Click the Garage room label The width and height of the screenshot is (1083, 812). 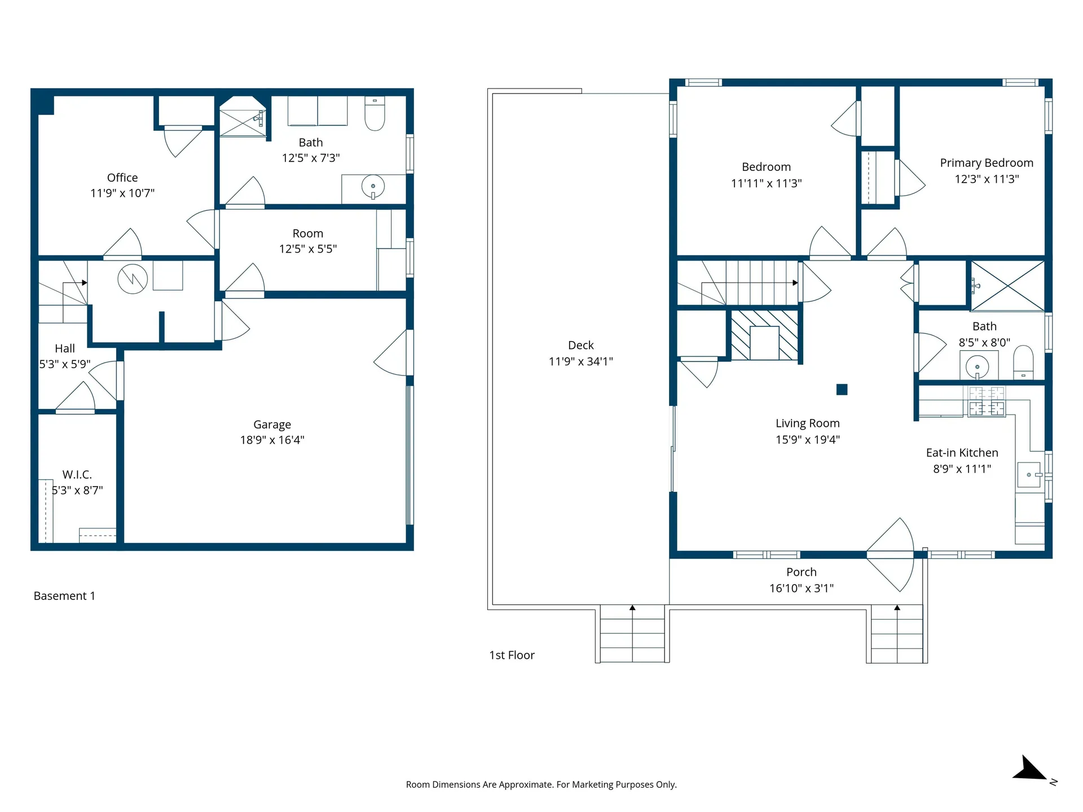coord(272,425)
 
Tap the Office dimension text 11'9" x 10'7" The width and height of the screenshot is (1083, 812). coord(122,193)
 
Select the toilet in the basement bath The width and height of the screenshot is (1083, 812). coord(375,114)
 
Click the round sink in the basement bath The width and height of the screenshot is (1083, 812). coord(373,187)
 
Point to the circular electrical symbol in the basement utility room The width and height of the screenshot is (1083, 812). coord(133,279)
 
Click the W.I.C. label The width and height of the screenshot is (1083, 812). coord(77,475)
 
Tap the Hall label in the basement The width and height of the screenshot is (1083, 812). coord(65,348)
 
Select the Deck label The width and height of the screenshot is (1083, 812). coord(580,345)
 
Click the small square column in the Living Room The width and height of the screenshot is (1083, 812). coord(842,390)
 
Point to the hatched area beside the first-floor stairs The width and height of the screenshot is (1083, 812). coord(764,334)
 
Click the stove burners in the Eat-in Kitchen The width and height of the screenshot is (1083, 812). coord(987,401)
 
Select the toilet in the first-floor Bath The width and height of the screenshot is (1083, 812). coord(1023,362)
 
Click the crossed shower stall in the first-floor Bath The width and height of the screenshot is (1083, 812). coord(1008,286)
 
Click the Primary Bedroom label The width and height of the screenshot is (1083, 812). coord(987,163)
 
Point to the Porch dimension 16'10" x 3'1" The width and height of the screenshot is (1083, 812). coord(801,588)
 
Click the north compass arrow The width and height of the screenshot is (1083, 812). coord(1031,770)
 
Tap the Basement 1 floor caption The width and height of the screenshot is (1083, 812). coord(64,596)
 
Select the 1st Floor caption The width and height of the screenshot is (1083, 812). coord(512,655)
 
